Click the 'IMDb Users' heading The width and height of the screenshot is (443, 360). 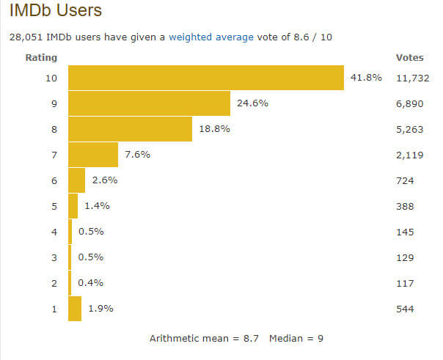coord(55,11)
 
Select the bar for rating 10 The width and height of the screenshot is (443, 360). coord(206,78)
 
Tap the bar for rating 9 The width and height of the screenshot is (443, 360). coord(149,103)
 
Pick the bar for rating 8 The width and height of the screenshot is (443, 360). coord(130,129)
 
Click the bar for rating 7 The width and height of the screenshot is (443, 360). coord(93,155)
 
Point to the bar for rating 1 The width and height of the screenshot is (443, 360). coord(75,309)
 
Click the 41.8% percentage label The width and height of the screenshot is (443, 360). coord(366,78)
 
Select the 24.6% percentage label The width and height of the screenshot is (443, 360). coord(252,103)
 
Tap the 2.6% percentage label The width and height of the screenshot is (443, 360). coord(105,180)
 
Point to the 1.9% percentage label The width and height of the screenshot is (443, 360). coord(101,309)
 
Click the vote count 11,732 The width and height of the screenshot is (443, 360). coord(412,78)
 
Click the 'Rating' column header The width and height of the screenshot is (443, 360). coord(41,57)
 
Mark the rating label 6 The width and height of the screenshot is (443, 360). coord(53,180)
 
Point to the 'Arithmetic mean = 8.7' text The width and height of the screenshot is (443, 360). coord(205,339)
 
